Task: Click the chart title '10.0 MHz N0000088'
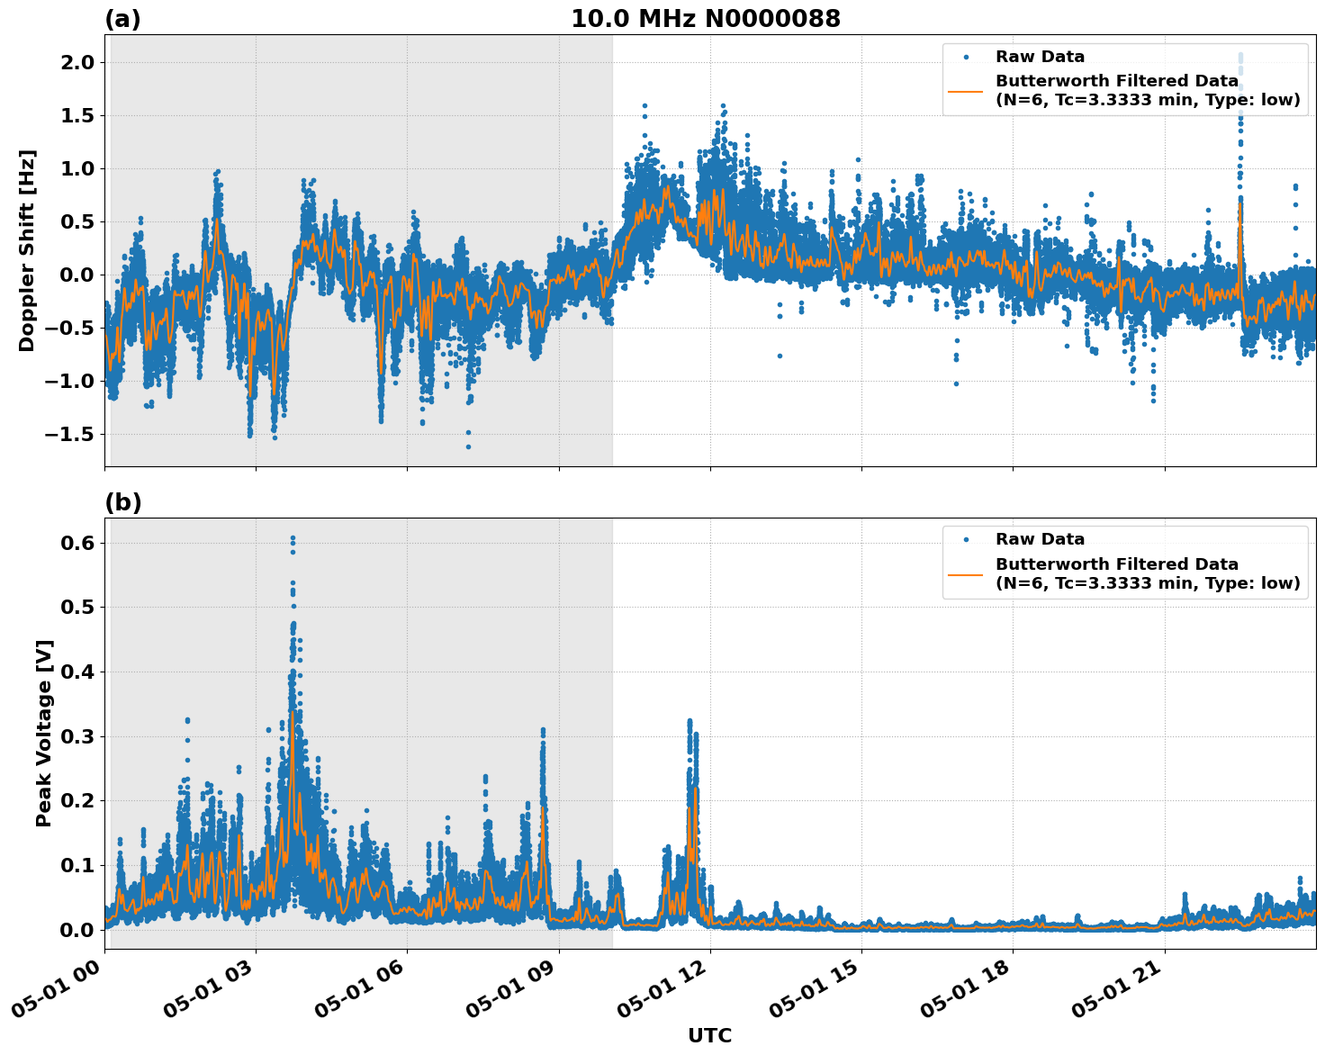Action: [x=706, y=19]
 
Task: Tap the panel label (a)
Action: [x=122, y=19]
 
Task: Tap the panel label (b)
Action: [x=122, y=502]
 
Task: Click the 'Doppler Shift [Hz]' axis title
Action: [x=27, y=250]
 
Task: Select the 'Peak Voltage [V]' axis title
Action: [x=44, y=733]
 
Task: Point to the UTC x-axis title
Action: [x=709, y=1035]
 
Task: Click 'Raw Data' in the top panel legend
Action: [x=1040, y=57]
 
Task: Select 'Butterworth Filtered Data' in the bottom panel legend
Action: [x=1116, y=564]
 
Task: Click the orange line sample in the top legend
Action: [x=965, y=90]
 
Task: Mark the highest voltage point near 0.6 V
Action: [x=293, y=538]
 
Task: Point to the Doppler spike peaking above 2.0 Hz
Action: [x=1239, y=57]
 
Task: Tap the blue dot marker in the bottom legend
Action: [x=965, y=539]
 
